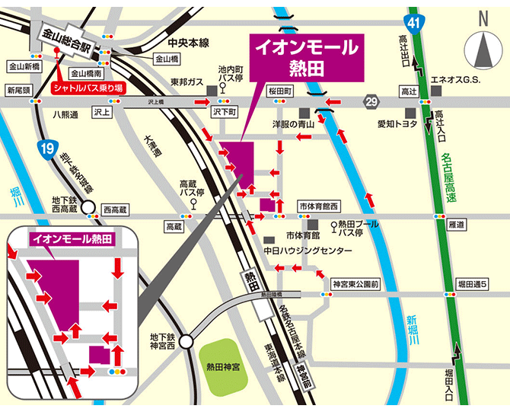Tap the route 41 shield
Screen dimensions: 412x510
point(413,22)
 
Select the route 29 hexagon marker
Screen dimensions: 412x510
point(371,101)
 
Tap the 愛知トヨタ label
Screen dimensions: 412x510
point(397,123)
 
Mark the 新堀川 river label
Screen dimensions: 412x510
point(412,329)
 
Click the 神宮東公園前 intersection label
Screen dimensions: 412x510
point(355,284)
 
